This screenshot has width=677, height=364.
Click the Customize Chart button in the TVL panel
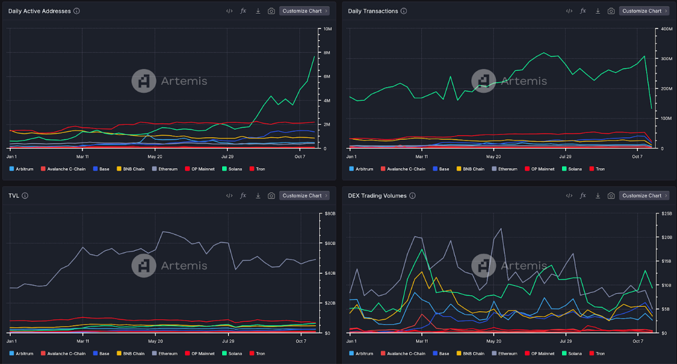304,195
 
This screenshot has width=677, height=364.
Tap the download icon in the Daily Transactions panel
598,11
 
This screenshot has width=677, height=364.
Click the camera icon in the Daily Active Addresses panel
271,11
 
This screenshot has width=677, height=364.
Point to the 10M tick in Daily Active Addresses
327,29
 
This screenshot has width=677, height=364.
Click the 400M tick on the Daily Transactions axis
666,29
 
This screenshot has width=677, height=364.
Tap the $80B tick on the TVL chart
330,213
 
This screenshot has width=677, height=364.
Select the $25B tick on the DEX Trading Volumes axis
666,213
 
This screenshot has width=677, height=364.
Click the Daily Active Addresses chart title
39,11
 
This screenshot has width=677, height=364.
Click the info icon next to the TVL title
25,196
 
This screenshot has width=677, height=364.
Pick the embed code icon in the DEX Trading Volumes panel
569,195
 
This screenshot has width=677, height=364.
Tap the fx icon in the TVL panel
243,195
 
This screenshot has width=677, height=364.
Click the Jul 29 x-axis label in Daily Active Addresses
227,156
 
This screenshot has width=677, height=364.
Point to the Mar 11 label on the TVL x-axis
83,341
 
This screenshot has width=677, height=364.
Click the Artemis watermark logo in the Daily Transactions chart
483,81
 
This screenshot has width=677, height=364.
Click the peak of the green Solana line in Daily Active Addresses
314,56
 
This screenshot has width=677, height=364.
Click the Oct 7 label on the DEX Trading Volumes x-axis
638,341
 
